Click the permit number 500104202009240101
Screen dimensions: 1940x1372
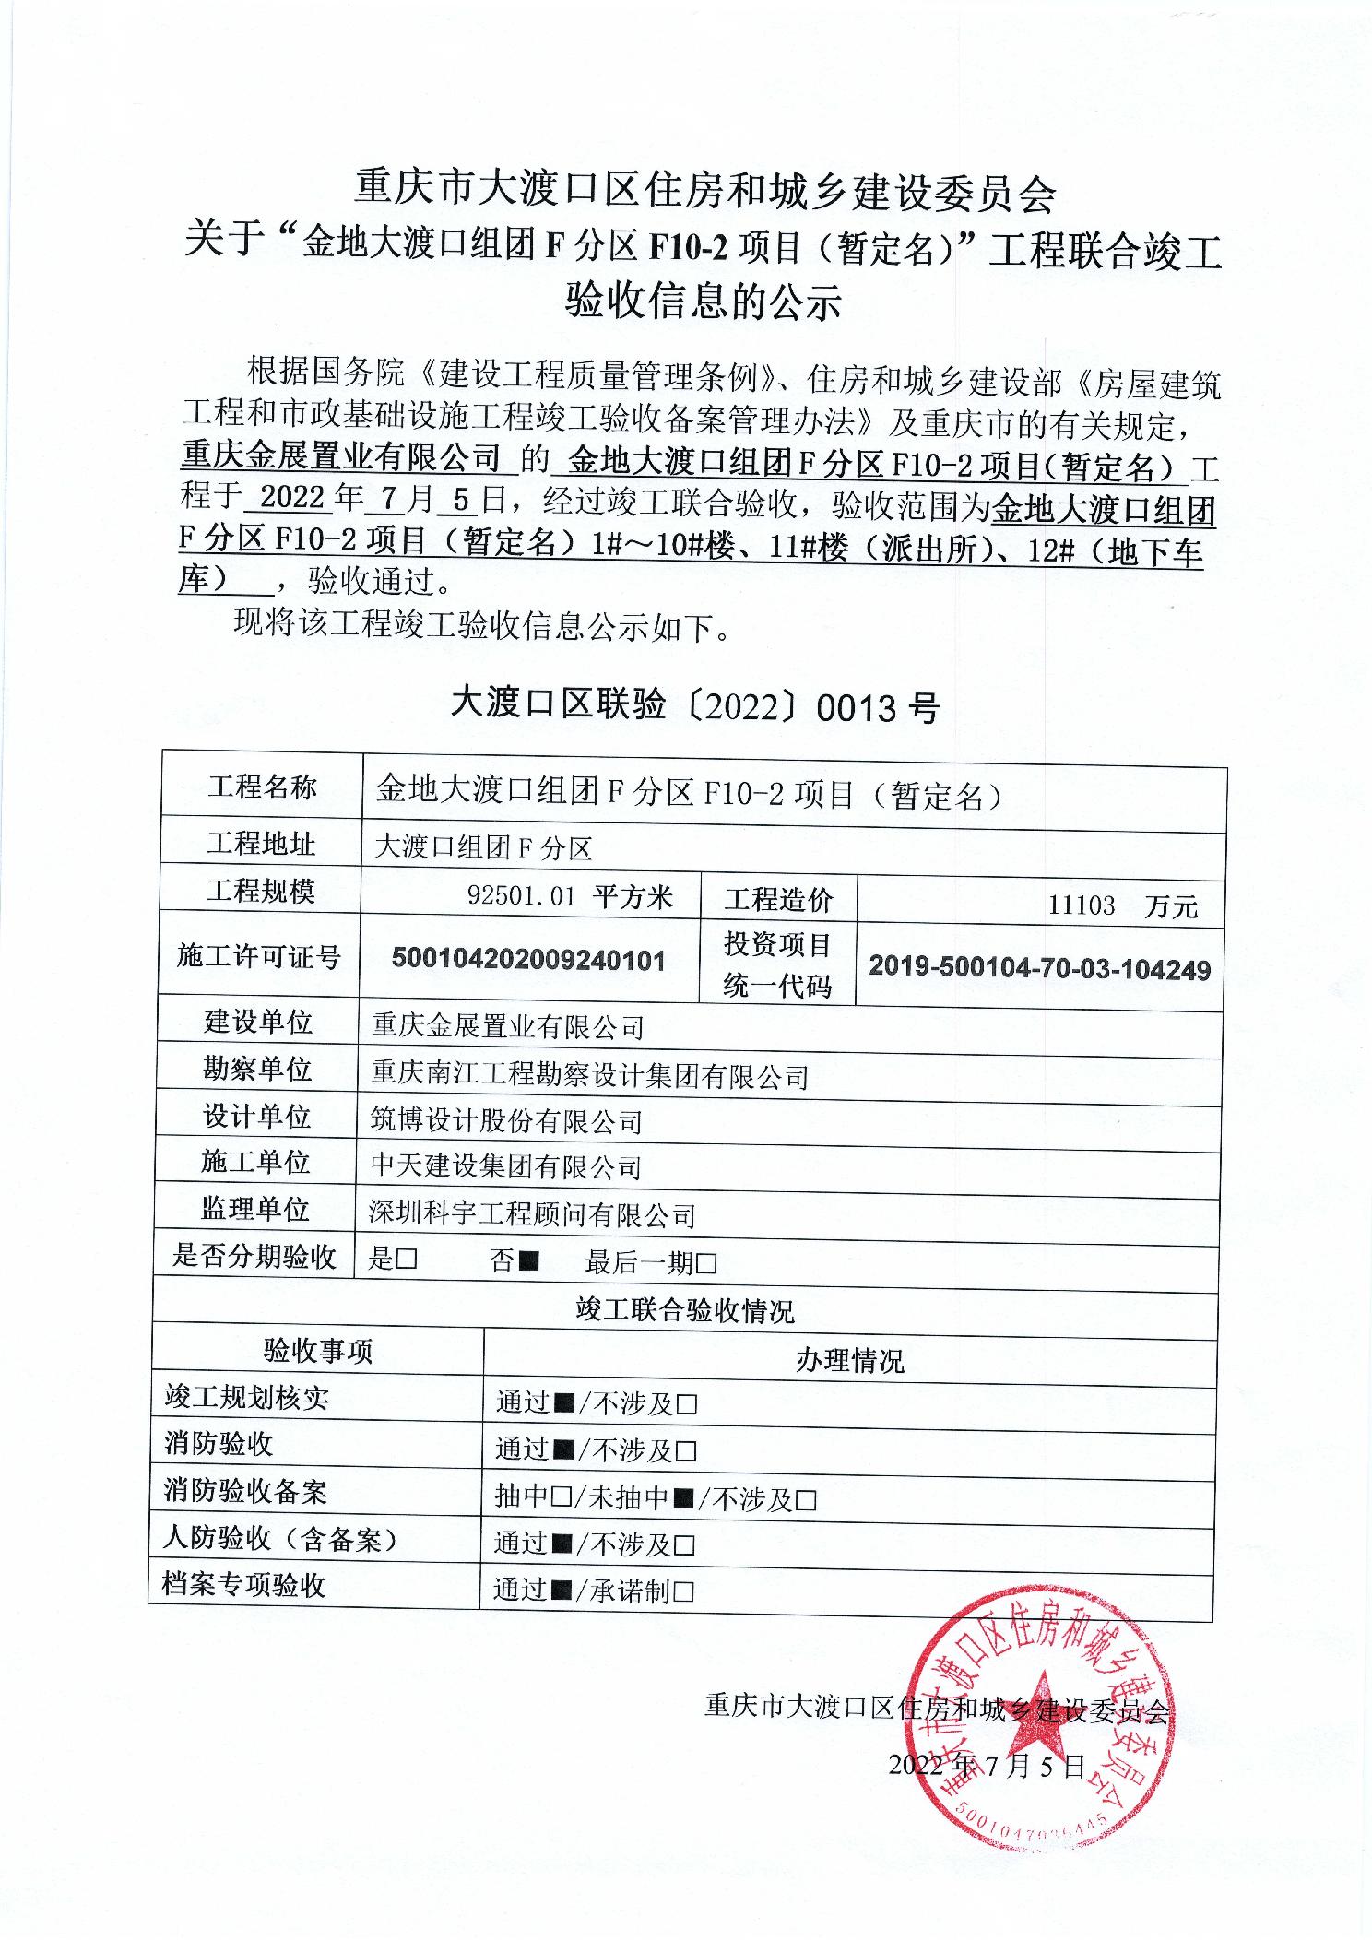(528, 960)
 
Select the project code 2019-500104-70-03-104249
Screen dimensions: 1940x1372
(1039, 968)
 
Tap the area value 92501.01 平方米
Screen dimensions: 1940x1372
(570, 896)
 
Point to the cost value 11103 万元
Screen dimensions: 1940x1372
(1121, 905)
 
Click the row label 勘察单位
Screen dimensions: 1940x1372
(257, 1069)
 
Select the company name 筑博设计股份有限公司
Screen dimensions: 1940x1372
(506, 1121)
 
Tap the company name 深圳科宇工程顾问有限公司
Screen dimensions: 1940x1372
(532, 1215)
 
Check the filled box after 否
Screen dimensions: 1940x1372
(528, 1261)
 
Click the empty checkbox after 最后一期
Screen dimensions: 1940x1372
(707, 1263)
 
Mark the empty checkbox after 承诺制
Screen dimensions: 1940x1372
(683, 1591)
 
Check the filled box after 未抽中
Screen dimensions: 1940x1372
(683, 1498)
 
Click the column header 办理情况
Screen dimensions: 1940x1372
(849, 1361)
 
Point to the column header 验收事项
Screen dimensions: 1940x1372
(317, 1351)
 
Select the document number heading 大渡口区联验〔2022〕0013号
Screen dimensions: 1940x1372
(694, 705)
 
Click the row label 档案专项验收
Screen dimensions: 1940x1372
(244, 1585)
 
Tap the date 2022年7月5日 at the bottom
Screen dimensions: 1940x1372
(988, 1765)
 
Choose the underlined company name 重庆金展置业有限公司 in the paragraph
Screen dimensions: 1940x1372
(341, 456)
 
